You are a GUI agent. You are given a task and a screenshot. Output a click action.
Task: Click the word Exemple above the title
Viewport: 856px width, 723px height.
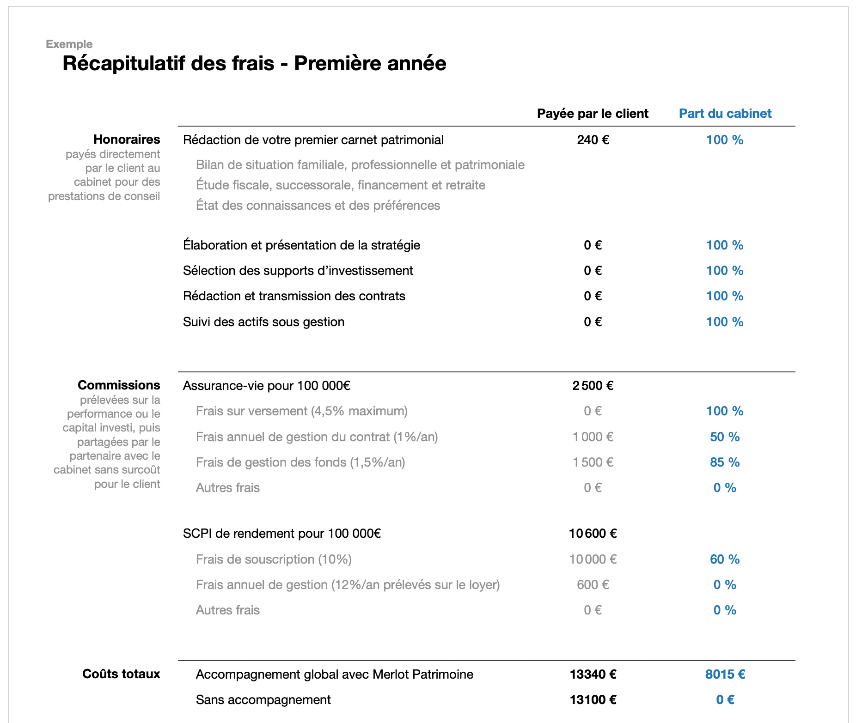[x=69, y=44]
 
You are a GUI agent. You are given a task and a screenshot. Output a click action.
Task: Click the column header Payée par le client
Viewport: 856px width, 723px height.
[x=593, y=114]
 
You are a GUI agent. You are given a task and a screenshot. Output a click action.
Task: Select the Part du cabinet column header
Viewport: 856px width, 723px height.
[x=725, y=114]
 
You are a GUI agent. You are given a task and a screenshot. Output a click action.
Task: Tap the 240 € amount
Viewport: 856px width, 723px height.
[x=593, y=140]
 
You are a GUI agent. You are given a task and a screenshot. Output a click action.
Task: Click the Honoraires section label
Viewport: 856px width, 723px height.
[x=127, y=140]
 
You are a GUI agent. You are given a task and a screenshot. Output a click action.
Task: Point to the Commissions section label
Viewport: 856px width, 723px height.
[x=119, y=385]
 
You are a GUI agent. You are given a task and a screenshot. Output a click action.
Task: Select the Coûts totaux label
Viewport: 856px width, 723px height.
[x=121, y=674]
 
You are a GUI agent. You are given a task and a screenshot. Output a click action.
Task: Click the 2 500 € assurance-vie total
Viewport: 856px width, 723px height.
[x=593, y=386]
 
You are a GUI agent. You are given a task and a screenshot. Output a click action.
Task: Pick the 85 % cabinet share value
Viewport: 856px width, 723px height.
[x=725, y=462]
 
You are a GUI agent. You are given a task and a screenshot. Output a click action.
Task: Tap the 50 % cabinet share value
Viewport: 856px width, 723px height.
[x=725, y=437]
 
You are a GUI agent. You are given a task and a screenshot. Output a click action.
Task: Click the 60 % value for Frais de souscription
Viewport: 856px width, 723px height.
[x=725, y=559]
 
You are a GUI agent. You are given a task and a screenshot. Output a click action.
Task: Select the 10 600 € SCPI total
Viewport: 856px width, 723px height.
[x=593, y=534]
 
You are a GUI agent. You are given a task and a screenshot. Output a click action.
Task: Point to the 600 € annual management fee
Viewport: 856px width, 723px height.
[x=593, y=585]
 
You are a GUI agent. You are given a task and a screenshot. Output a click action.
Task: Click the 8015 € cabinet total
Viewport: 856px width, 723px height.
[x=725, y=674]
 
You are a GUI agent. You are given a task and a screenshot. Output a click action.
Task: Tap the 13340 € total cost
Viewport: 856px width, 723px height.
[x=593, y=674]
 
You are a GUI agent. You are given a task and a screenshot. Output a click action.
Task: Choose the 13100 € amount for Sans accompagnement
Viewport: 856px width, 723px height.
[x=593, y=700]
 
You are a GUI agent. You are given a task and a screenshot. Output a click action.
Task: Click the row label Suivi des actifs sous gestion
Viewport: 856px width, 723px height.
[x=263, y=322]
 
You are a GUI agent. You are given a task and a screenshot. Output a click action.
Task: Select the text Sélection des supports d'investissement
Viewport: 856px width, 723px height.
[x=298, y=271]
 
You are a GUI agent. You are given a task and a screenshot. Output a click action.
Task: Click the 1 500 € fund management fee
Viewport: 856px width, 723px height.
[x=593, y=462]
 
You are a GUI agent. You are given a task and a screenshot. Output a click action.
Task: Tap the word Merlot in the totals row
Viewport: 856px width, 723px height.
[x=391, y=674]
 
